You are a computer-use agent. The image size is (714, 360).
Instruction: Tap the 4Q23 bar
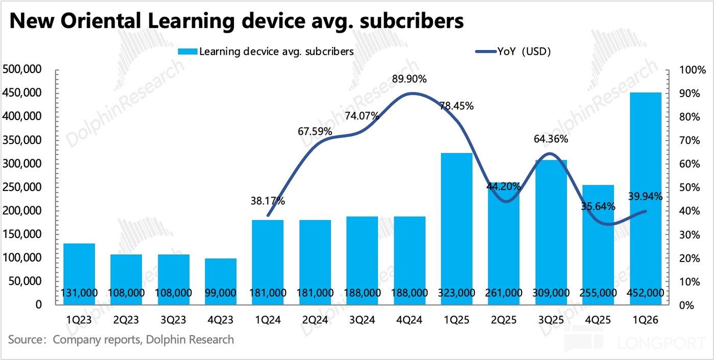[x=220, y=281]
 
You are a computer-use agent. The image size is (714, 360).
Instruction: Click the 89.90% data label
[x=410, y=79]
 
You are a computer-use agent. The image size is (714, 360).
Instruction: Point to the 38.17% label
[x=268, y=201]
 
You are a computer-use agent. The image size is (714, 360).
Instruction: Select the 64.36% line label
[x=551, y=139]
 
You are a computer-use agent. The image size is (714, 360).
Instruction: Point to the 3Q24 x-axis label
[x=362, y=320]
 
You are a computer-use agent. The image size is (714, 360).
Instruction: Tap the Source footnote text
[x=121, y=339]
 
